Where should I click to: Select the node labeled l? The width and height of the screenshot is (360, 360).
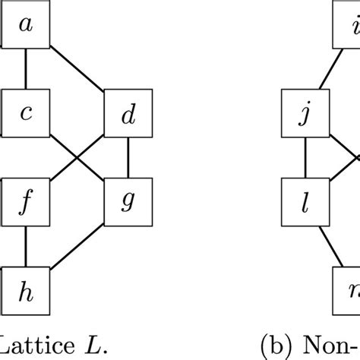(305, 201)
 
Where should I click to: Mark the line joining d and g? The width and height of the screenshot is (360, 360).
(128, 159)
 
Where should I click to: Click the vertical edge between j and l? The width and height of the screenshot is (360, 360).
(305, 159)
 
